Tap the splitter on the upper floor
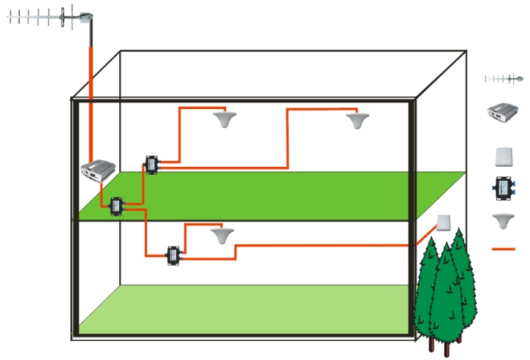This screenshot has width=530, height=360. [x=151, y=165]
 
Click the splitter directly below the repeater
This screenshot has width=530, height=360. [x=116, y=206]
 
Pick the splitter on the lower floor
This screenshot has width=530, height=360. [x=173, y=255]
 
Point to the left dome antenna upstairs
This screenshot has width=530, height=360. [x=223, y=119]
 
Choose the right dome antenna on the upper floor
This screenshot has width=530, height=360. [x=357, y=120]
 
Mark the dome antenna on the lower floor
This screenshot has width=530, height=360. [x=220, y=235]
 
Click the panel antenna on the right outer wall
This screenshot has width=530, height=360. [x=443, y=222]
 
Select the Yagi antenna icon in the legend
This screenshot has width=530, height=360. [x=504, y=78]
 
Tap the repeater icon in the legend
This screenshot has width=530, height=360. [x=504, y=112]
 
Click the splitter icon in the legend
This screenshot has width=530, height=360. [x=504, y=188]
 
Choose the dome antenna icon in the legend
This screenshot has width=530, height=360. [x=504, y=220]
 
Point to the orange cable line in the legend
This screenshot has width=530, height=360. [x=504, y=249]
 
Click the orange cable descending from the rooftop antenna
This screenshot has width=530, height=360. [x=90, y=95]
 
